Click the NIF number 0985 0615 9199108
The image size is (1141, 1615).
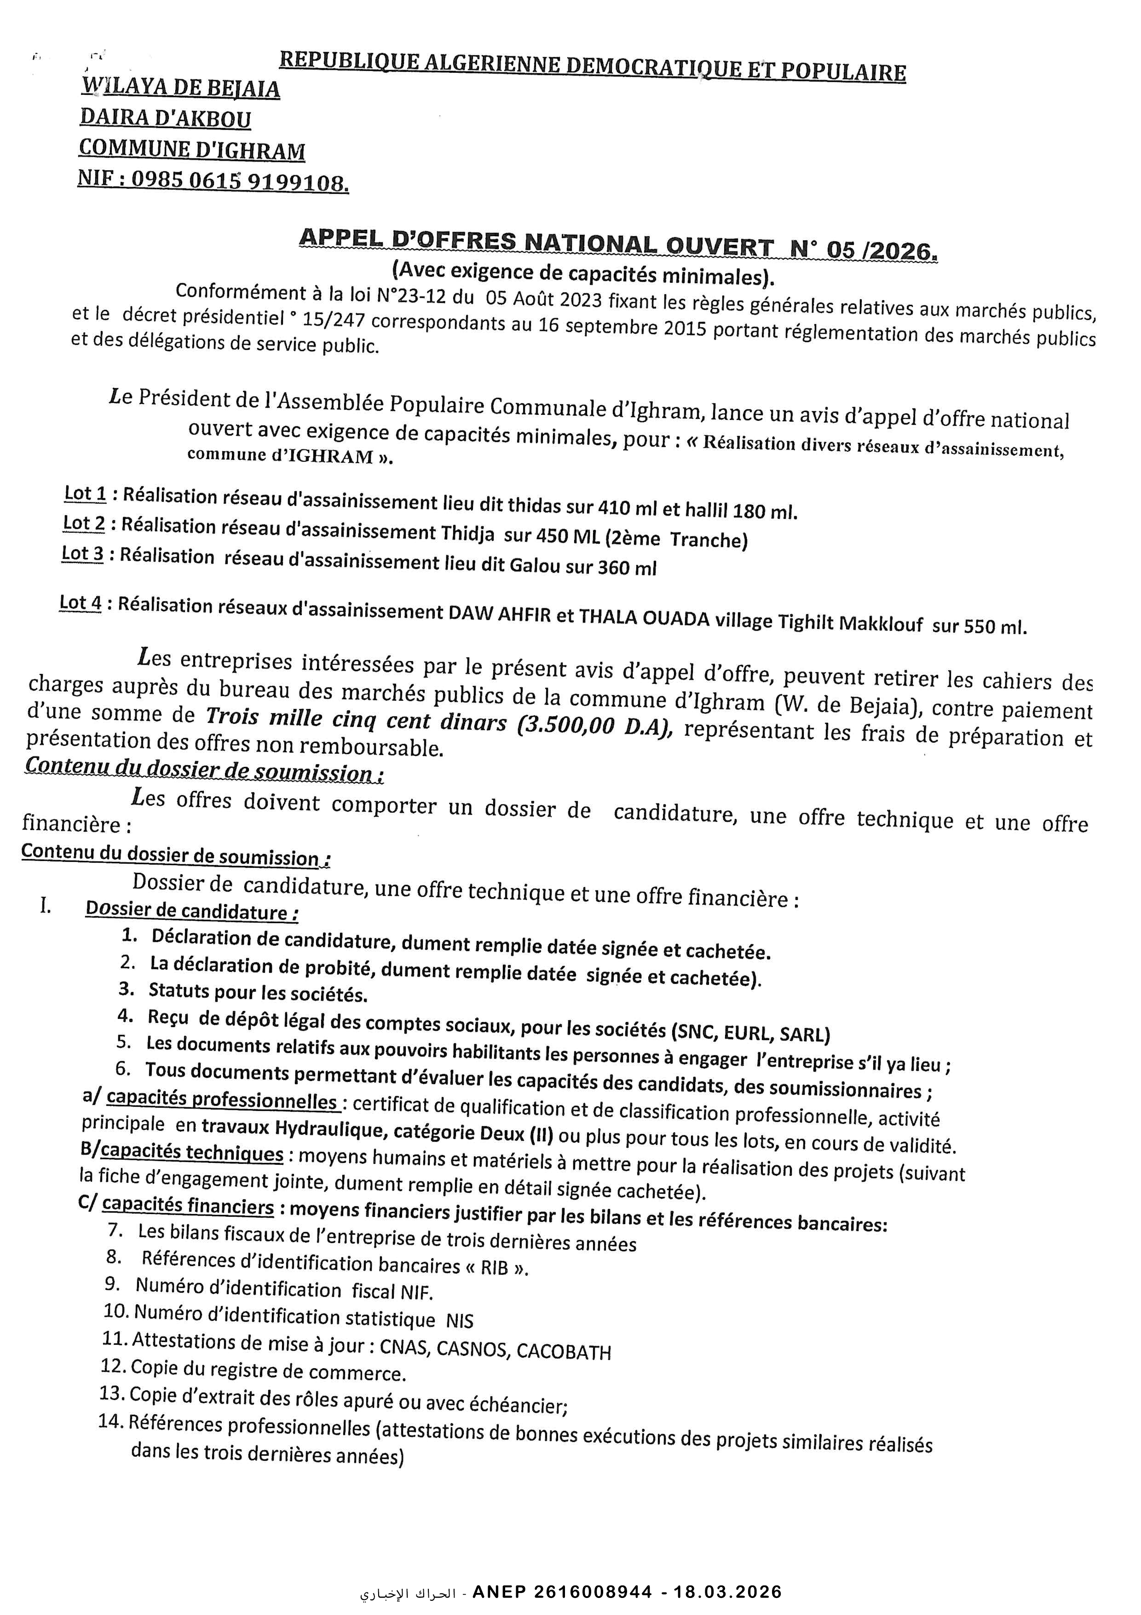click(x=239, y=181)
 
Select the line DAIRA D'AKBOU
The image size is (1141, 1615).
click(x=165, y=118)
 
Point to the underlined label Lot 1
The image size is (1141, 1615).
click(x=85, y=494)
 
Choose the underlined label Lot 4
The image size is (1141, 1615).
click(x=81, y=603)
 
